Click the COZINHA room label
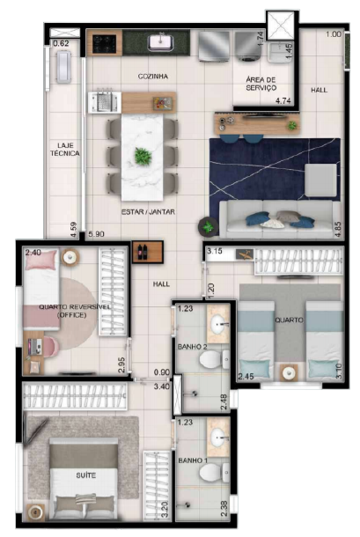152,77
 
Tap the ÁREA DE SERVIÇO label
261,85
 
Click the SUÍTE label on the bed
85,475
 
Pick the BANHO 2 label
192,347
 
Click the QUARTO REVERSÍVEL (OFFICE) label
68,311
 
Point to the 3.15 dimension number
214,253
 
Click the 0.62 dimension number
61,43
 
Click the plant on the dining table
142,157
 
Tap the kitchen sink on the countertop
162,41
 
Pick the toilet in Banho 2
222,358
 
